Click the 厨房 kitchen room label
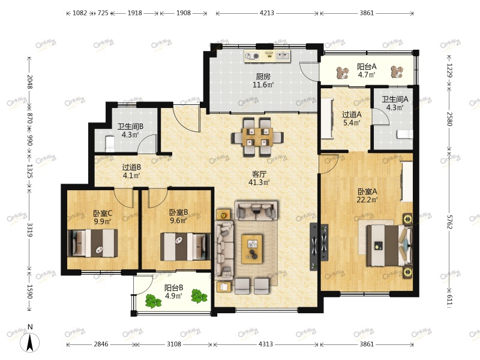tap(263, 76)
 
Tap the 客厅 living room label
tap(259, 174)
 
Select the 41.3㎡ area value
tap(259, 182)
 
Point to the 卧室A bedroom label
tap(367, 191)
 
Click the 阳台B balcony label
tap(173, 288)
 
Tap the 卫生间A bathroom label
tap(395, 99)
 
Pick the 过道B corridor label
tap(131, 167)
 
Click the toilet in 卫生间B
tap(110, 143)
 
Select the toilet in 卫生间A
tap(404, 134)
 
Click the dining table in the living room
tap(257, 137)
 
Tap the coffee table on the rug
tap(252, 249)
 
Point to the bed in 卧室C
tap(92, 243)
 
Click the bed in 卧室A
tap(389, 245)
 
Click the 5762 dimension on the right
tap(449, 222)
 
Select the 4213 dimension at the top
tap(266, 13)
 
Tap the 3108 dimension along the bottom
tap(174, 344)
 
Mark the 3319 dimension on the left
tap(29, 230)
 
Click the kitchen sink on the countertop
tap(283, 56)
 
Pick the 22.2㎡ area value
tap(367, 200)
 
